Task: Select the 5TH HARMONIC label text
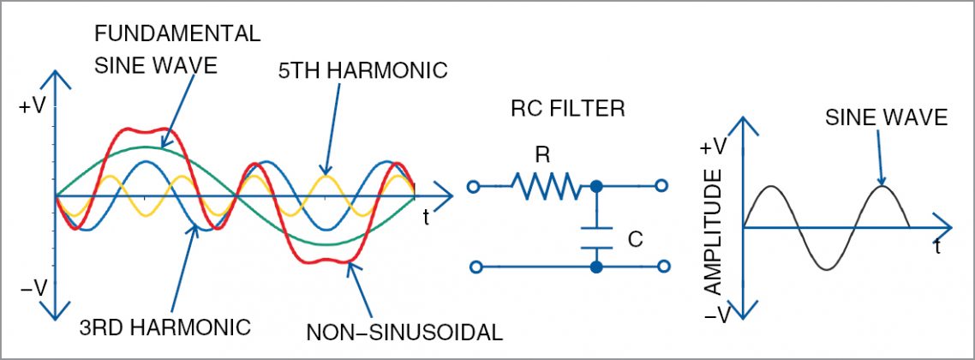(x=363, y=69)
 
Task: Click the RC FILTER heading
(x=567, y=109)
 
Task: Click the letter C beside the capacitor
(x=635, y=240)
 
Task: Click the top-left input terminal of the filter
(x=472, y=185)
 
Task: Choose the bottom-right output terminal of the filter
(x=661, y=267)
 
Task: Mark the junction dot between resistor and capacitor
(x=596, y=185)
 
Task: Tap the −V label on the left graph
(x=33, y=289)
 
